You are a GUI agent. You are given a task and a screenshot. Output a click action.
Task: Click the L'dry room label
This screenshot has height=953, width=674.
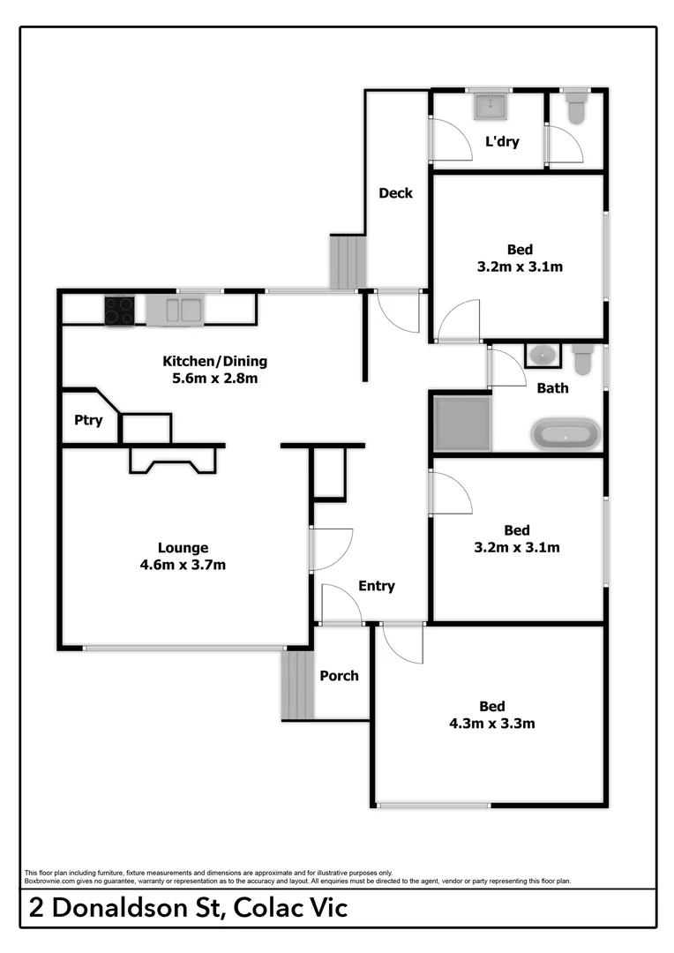502,141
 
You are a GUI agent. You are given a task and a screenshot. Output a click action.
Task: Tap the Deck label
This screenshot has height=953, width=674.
395,193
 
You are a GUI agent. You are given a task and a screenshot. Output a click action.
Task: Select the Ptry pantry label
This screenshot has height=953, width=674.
88,420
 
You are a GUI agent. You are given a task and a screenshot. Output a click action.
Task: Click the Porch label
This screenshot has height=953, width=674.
339,676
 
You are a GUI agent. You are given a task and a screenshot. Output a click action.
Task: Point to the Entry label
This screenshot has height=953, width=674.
377,586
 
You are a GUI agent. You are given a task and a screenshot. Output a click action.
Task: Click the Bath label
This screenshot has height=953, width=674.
552,388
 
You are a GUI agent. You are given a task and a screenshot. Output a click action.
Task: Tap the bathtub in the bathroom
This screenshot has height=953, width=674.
566,435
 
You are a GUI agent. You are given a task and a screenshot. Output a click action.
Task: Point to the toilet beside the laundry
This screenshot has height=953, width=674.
577,109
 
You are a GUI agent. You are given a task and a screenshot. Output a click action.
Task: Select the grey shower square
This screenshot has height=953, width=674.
461,424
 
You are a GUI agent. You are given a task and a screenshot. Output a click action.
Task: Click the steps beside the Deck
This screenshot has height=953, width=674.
348,261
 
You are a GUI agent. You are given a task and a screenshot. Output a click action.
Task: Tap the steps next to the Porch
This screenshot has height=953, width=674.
298,686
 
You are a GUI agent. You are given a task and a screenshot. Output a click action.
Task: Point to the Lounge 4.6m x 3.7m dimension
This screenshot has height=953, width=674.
183,565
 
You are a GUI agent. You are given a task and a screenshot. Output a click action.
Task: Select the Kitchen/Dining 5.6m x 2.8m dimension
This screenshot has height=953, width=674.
214,379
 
